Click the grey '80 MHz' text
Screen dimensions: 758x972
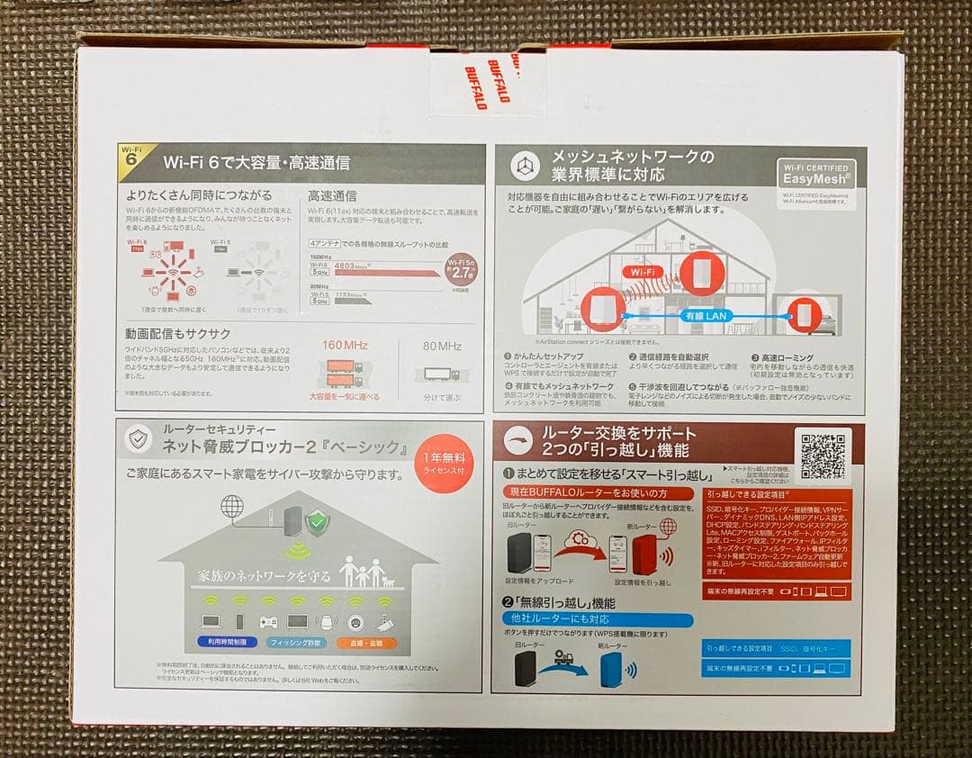coord(442,346)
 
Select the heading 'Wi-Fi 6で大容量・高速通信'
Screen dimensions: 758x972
coord(256,163)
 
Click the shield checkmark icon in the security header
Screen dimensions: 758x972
coord(139,439)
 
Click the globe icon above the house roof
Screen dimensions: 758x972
coord(232,507)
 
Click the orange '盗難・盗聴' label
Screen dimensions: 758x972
coord(365,643)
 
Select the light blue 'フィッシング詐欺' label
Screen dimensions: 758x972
coord(295,643)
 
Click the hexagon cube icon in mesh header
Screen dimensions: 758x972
coord(524,167)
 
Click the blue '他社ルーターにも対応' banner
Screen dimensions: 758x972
coord(598,619)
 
